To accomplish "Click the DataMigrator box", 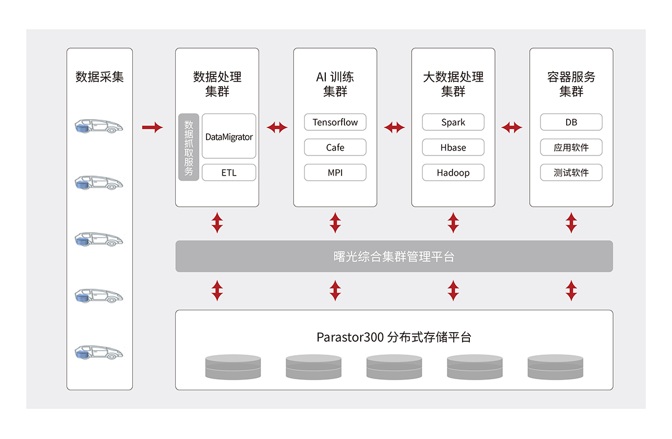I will (x=228, y=136).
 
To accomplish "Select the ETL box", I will (x=228, y=173).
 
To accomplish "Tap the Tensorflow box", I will (x=335, y=122).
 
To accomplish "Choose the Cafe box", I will (x=335, y=148).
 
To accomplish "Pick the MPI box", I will (x=335, y=173).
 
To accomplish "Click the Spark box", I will (x=453, y=122).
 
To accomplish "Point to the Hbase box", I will (x=453, y=148).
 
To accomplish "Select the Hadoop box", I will (x=453, y=173).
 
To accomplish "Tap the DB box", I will (x=571, y=122).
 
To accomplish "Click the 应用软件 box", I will (x=571, y=148).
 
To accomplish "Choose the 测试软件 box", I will (x=571, y=173).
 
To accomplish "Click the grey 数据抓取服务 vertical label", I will (x=189, y=147).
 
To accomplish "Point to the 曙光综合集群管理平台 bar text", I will (x=394, y=257).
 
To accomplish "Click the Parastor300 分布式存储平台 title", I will (x=394, y=337).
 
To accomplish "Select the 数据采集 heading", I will (x=100, y=77).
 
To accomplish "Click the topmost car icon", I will (x=99, y=126).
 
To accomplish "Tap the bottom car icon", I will (x=99, y=352).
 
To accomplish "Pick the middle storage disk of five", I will (x=394, y=367).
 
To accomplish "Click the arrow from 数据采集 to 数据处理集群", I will (x=152, y=128).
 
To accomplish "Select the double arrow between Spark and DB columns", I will (x=512, y=128).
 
